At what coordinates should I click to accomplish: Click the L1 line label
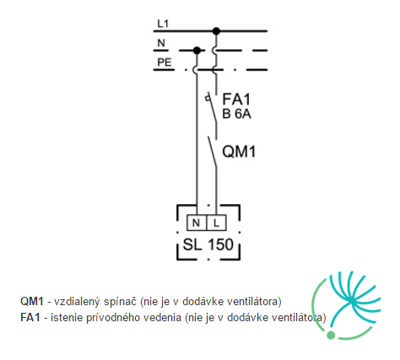163,24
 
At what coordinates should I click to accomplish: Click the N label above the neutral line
161,43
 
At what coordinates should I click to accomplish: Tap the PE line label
165,62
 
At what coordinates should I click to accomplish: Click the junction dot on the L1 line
216,31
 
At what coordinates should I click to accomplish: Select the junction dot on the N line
197,51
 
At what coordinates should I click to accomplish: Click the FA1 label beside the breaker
236,99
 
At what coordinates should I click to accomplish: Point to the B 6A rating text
236,114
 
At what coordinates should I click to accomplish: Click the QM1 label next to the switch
239,152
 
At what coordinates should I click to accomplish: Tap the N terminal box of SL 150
197,223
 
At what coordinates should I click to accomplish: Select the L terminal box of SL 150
216,223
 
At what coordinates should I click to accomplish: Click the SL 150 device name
208,244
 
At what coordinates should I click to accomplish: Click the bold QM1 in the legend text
32,302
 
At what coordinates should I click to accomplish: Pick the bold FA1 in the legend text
30,318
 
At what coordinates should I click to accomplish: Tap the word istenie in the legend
67,318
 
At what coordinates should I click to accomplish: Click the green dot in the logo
331,335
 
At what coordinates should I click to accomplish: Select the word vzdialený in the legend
77,302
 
